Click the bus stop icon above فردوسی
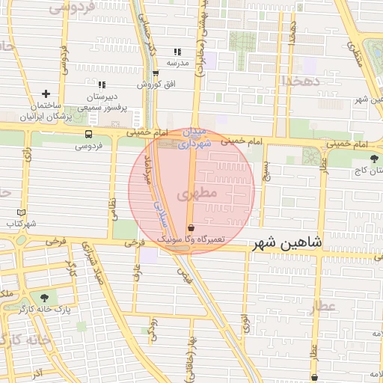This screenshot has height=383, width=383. [x=89, y=135]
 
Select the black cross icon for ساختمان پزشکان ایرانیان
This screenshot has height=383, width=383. [x=46, y=94]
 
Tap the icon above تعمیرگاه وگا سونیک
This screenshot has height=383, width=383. [x=191, y=227]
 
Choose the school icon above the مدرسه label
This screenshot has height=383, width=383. [x=177, y=52]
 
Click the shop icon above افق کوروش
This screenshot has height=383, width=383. [x=156, y=73]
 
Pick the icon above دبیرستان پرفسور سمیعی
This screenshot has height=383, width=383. [x=102, y=85]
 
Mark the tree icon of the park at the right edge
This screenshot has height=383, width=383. [x=374, y=158]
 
